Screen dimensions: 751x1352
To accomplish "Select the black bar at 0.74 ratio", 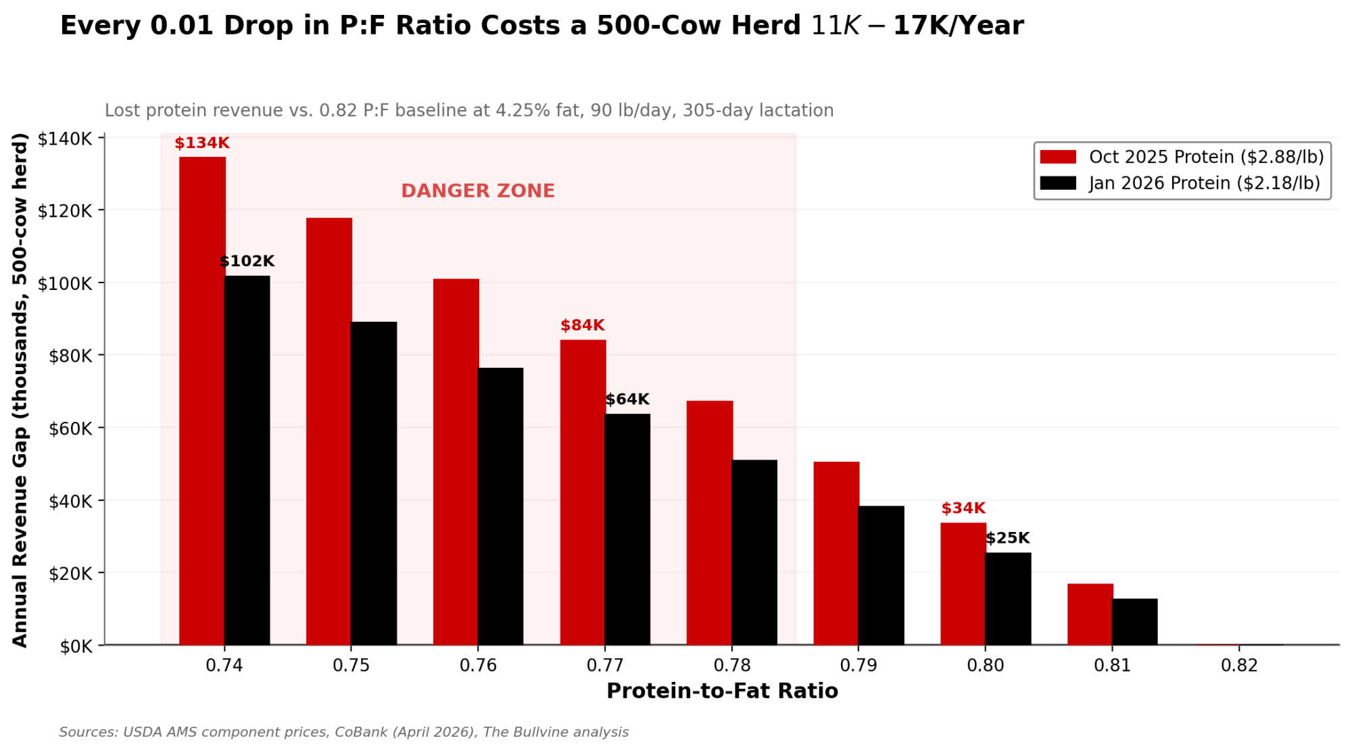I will (x=247, y=460).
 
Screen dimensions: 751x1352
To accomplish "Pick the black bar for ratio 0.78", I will (x=754, y=552).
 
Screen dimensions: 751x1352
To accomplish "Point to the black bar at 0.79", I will (x=881, y=575).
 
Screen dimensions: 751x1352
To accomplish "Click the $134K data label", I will (x=202, y=143).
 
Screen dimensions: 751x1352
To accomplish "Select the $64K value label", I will (x=627, y=399).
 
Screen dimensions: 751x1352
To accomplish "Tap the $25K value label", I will (x=1007, y=538).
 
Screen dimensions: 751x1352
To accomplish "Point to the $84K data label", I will (x=582, y=326).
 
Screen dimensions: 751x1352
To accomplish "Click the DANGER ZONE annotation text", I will (x=478, y=191).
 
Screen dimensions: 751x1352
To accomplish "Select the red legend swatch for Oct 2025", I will (x=1058, y=157).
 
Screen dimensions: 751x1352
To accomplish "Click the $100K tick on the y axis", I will (x=65, y=283).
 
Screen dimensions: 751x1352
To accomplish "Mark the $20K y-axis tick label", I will (x=70, y=573).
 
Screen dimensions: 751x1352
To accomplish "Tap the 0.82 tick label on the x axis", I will (x=1239, y=666).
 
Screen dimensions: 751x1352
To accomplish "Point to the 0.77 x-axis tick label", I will (x=605, y=666).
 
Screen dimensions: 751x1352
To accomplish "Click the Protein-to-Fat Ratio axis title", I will (x=722, y=691).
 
